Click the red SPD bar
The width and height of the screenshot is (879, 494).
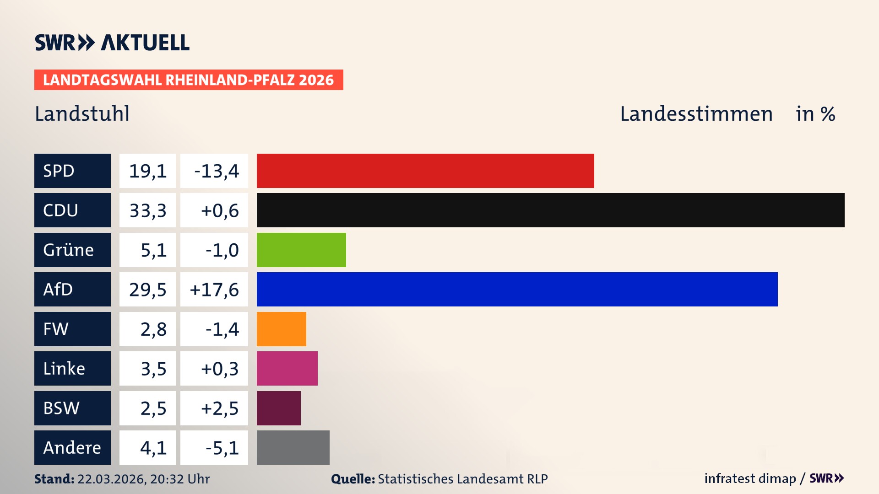click(425, 171)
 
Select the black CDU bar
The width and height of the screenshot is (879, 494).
click(550, 210)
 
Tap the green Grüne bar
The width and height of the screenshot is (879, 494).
click(301, 250)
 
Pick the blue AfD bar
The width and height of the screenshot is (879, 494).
click(517, 289)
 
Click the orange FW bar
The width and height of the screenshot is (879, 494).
click(281, 329)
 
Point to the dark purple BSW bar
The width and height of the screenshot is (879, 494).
click(278, 408)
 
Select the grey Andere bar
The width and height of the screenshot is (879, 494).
click(293, 447)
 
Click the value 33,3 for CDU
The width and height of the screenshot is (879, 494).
click(147, 210)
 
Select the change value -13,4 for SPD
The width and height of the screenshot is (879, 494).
click(216, 171)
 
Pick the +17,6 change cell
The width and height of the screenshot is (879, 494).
click(214, 290)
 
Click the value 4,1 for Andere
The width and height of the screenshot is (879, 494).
click(153, 448)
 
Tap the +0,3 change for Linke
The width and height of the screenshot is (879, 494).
click(220, 369)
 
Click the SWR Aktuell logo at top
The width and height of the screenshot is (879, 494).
click(112, 43)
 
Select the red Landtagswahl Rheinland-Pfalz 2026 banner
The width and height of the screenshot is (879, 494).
click(188, 80)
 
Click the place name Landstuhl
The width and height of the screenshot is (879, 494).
click(82, 114)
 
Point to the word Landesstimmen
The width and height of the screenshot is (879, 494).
click(696, 114)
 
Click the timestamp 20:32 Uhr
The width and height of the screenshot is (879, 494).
click(179, 479)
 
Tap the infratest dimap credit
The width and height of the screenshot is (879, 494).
click(750, 478)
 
